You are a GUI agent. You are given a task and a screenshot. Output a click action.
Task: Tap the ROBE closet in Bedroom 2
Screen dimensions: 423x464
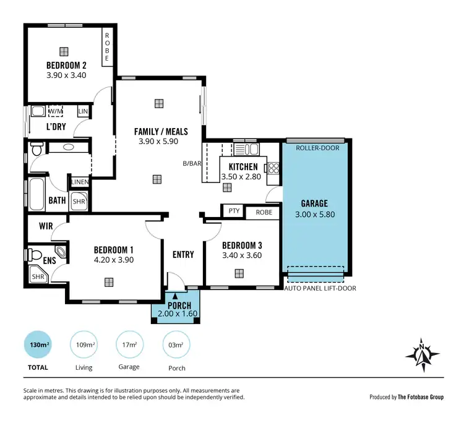(107, 47)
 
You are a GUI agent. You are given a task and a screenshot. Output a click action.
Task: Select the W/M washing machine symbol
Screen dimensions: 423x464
(56, 111)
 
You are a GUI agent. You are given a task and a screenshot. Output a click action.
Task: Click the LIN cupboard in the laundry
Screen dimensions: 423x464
(83, 111)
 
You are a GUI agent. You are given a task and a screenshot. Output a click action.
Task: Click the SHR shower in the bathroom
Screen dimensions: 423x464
(79, 201)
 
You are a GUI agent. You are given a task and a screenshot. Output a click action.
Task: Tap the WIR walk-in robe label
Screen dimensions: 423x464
(45, 226)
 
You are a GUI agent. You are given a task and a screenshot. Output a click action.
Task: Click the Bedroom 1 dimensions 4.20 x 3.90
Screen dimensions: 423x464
(114, 260)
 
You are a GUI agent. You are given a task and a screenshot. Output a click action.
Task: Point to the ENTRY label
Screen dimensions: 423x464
(184, 254)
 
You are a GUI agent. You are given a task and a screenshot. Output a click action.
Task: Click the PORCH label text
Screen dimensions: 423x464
(179, 305)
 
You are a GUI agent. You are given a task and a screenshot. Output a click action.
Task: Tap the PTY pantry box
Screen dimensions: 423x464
(233, 211)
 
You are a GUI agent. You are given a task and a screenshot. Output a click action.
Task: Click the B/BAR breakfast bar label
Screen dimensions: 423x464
(191, 164)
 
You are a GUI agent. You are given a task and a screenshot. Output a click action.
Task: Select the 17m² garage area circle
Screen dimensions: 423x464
(129, 344)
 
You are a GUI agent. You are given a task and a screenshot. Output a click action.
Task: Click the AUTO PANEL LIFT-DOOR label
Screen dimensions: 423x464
(320, 288)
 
